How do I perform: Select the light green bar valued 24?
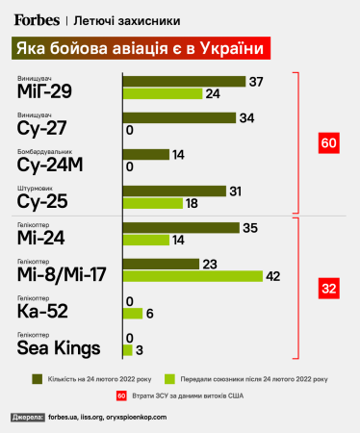click(x=162, y=93)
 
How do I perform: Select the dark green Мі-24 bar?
click(x=180, y=228)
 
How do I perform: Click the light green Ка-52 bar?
click(x=132, y=313)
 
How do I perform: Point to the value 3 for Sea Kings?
click(x=141, y=349)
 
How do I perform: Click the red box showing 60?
click(x=328, y=143)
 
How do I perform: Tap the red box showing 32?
click(x=328, y=287)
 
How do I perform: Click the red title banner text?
click(x=139, y=47)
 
